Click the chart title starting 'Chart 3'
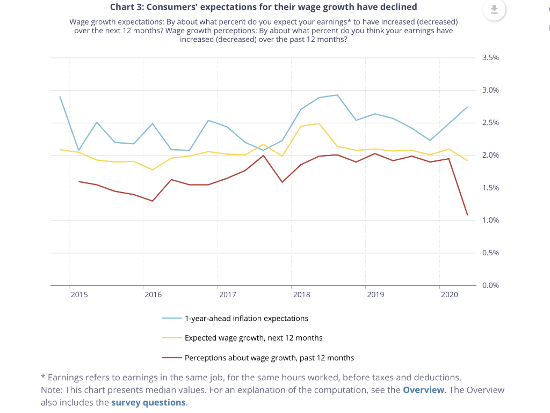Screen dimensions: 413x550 (263, 7)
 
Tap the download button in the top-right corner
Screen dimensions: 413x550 (494, 9)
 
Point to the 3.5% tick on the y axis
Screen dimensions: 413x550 (490, 57)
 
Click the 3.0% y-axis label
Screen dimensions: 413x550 (490, 90)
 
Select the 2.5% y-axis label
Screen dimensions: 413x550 (490, 123)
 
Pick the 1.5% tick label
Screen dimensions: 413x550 (490, 188)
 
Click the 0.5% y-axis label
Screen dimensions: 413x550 (490, 253)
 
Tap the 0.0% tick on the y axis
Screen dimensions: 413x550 (490, 285)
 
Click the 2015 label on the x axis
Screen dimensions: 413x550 (79, 295)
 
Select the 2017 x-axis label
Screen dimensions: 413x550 (227, 295)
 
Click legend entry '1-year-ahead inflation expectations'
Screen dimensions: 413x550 (246, 319)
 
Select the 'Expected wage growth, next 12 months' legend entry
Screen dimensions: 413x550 (254, 338)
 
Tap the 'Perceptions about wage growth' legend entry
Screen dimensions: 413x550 (269, 358)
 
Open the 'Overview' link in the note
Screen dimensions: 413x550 (423, 390)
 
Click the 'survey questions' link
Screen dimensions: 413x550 (148, 402)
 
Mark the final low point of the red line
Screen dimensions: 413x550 (467, 215)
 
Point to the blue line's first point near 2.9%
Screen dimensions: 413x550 (60, 97)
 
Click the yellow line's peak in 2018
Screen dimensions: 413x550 (320, 123)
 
